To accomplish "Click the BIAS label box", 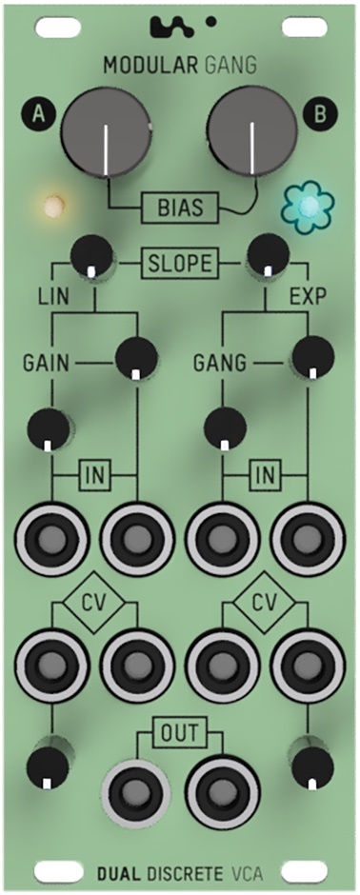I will (x=180, y=205).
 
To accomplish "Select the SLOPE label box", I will (x=180, y=261).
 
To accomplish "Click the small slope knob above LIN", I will (x=92, y=255).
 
